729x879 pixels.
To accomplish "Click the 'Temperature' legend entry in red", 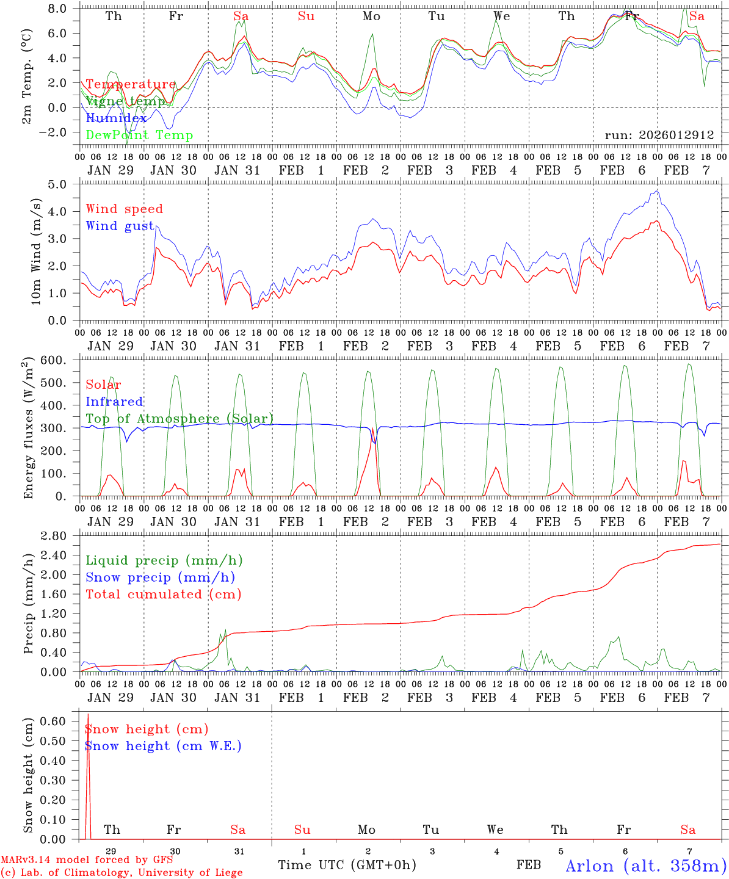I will [130, 84].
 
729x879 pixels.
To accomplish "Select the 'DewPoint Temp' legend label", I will [139, 135].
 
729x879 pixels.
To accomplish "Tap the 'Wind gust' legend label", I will [120, 226].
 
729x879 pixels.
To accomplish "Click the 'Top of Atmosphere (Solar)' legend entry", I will [179, 419].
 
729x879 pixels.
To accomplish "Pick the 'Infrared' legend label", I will [114, 402].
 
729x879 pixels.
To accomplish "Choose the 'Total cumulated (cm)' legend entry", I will [163, 594].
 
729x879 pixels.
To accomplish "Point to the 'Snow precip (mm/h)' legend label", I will [160, 577].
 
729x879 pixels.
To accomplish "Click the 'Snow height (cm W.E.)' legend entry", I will [162, 746].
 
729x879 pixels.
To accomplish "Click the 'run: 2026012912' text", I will [659, 135].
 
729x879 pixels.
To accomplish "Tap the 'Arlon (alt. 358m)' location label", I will [646, 866].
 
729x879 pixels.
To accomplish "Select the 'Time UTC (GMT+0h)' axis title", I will [347, 865].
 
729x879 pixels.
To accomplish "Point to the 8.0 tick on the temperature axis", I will [60, 9].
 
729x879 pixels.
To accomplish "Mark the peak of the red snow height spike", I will [88, 714].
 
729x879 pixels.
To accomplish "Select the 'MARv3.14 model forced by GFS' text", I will [87, 859].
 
